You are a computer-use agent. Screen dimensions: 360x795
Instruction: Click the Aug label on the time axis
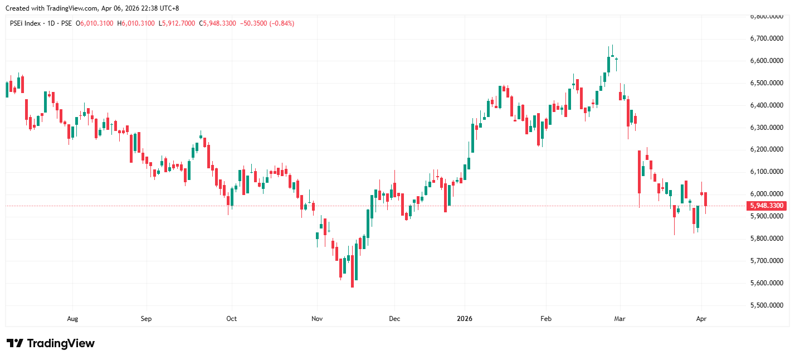tap(72, 319)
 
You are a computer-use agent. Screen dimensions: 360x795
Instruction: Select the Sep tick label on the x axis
tap(146, 319)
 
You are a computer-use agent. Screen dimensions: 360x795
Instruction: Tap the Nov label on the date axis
tap(317, 319)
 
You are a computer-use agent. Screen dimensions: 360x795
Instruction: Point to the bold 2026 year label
tap(464, 319)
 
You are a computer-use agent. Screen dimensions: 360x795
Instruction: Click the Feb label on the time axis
tap(546, 319)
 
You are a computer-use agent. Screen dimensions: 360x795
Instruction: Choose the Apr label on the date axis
tap(701, 319)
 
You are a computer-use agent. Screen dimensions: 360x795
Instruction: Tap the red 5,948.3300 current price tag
tap(767, 206)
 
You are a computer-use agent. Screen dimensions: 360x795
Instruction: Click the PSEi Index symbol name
tap(26, 23)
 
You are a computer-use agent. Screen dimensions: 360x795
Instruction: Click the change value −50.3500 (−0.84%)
tap(267, 23)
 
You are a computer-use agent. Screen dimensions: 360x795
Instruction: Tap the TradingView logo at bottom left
tap(51, 343)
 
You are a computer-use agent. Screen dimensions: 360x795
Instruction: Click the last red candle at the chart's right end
tap(705, 200)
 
